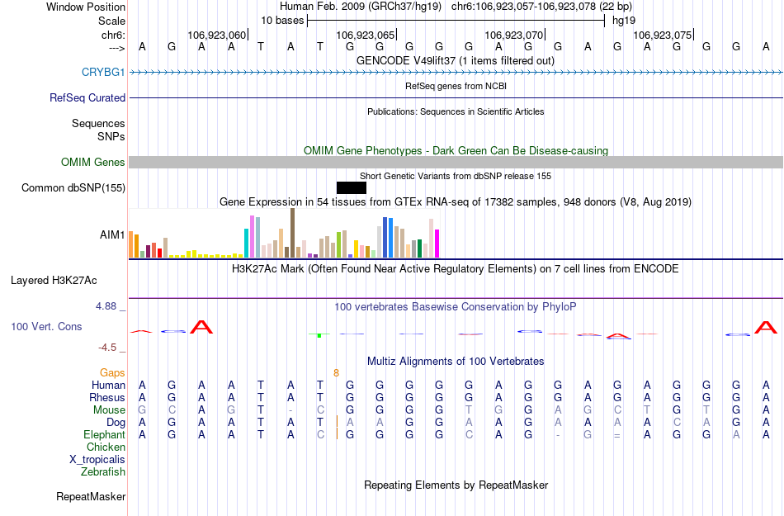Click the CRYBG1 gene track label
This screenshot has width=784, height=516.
tap(103, 73)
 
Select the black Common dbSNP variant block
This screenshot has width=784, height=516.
tap(351, 187)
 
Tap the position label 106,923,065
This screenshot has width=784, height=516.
tap(365, 35)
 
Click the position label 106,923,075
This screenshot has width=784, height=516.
tap(662, 35)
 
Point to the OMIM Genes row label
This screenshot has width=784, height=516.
tap(92, 163)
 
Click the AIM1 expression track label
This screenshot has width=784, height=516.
tap(112, 235)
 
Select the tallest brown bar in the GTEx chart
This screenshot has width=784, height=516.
tap(292, 233)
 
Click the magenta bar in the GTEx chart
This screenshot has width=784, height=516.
tap(437, 243)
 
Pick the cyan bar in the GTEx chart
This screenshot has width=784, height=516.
tap(247, 243)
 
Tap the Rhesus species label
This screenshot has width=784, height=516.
tap(108, 397)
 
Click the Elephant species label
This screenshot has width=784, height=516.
tap(104, 434)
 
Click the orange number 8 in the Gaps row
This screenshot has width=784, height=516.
tap(336, 372)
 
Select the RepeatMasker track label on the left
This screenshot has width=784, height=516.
tap(91, 496)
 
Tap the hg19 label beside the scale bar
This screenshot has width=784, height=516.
tap(624, 20)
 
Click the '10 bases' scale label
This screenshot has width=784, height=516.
tap(282, 20)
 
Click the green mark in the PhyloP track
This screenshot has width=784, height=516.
tap(319, 334)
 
